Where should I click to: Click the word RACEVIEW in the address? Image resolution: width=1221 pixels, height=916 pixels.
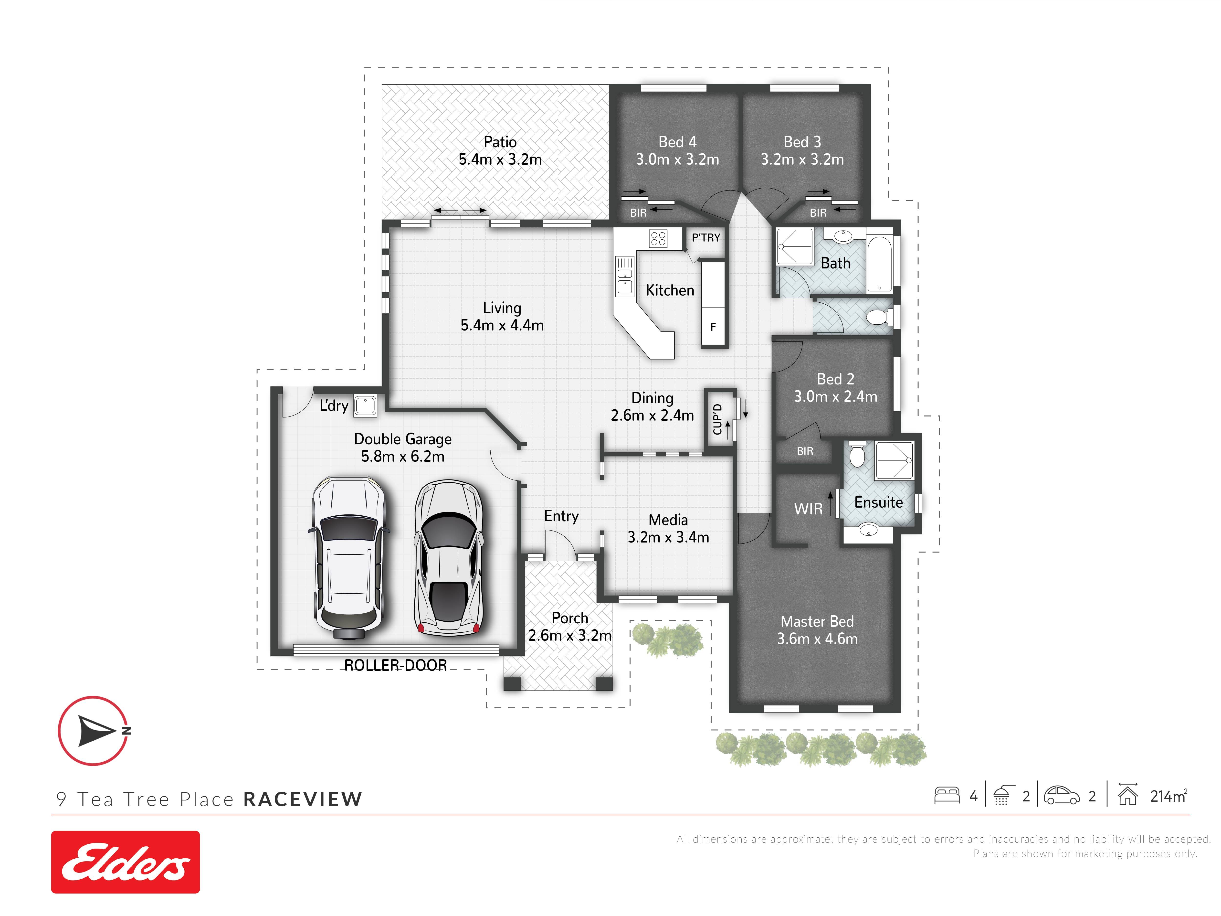[x=303, y=799]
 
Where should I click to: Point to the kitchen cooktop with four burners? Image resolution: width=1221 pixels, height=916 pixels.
[x=659, y=238]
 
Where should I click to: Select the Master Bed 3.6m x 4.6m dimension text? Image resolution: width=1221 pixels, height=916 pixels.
[x=817, y=630]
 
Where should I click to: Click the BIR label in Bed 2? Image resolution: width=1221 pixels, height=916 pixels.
[x=805, y=451]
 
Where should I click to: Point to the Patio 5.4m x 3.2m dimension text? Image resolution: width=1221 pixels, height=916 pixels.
[x=500, y=151]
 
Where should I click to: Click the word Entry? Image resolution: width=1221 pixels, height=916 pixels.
[x=561, y=516]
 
